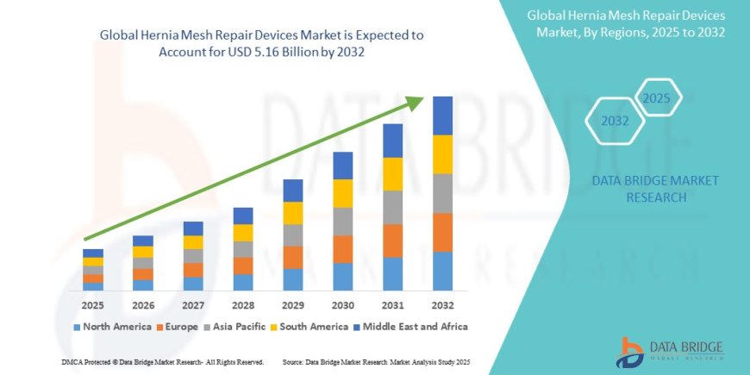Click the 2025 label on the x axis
coord(93,305)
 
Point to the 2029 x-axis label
coord(293,305)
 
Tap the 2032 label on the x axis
coord(442,305)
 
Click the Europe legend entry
coord(178,327)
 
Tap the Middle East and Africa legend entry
coord(413,327)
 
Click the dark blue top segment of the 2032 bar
coord(442,116)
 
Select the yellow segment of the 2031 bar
coord(393,174)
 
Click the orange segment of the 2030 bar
coord(343,249)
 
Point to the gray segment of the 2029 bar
coord(293,235)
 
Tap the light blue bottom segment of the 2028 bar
coord(243,282)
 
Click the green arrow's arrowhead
coord(416,103)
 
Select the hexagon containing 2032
coord(615,122)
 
